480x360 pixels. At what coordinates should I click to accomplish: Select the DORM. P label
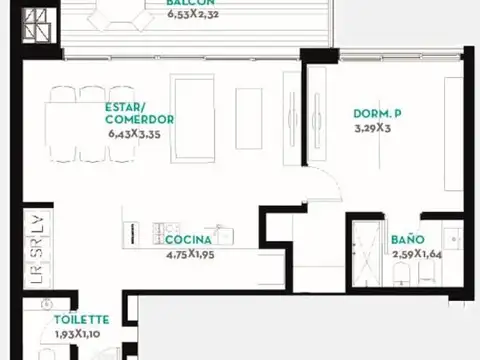coord(377,113)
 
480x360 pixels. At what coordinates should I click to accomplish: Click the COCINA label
coord(187,240)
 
